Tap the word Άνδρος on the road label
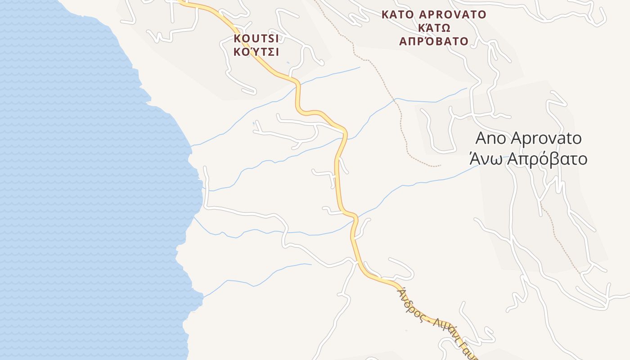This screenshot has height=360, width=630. pos(410,305)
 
